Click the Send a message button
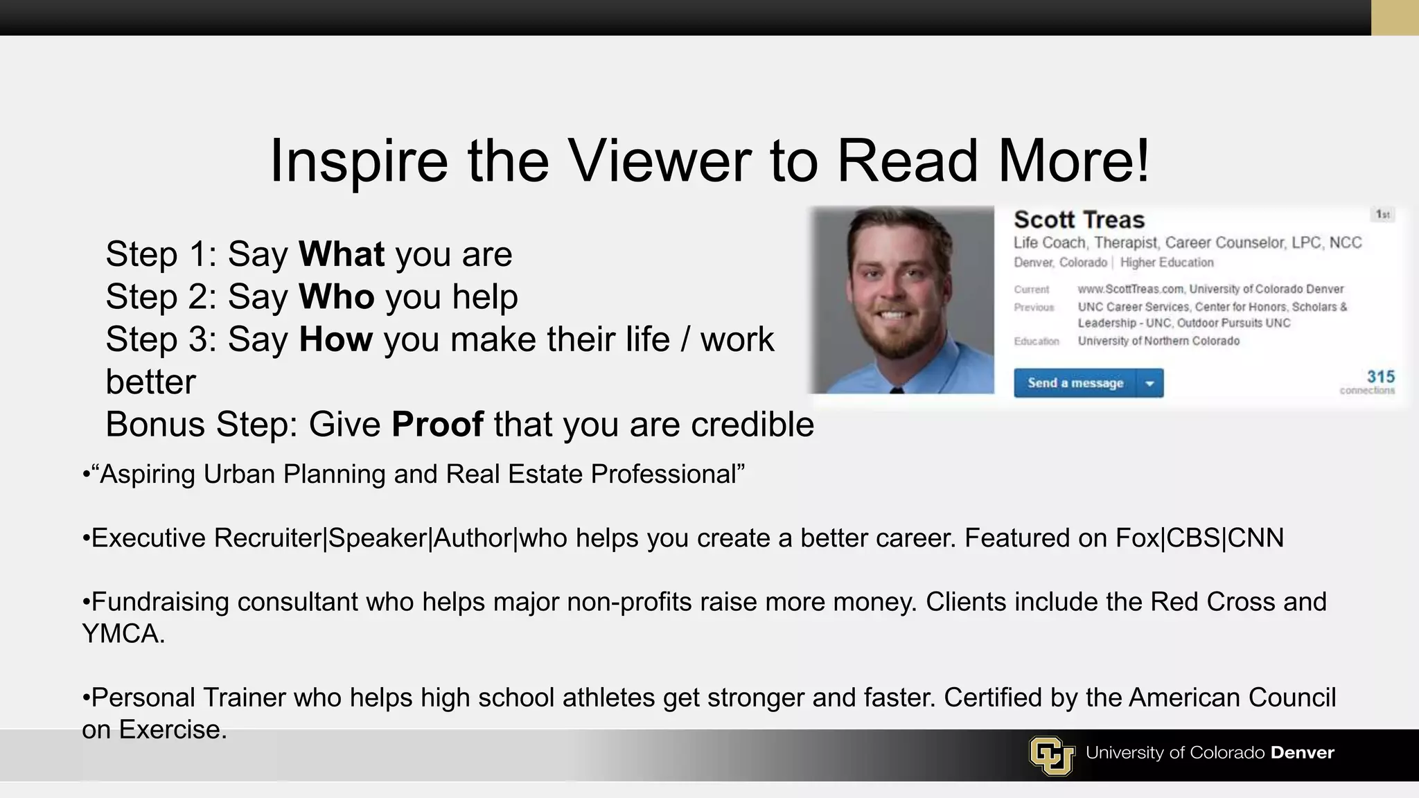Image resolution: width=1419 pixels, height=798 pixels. [x=1075, y=383]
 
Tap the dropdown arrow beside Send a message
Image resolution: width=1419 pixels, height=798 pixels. [x=1150, y=383]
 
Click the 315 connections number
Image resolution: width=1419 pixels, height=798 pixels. [x=1380, y=377]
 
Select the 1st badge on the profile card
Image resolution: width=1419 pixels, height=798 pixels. [x=1383, y=215]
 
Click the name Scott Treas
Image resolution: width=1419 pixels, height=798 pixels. [x=1079, y=220]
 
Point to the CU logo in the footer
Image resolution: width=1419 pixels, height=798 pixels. [x=1051, y=755]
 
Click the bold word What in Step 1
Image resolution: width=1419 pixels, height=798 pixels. [x=342, y=254]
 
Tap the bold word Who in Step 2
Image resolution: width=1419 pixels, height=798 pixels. [x=337, y=296]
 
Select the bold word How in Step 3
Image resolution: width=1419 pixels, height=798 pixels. [x=336, y=339]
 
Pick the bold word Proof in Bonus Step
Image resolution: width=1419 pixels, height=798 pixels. [x=437, y=424]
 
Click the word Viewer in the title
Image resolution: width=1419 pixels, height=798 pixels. [x=660, y=161]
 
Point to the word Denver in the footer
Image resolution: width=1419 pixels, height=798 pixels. [x=1302, y=753]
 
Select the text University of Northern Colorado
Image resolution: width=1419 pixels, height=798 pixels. [x=1158, y=341]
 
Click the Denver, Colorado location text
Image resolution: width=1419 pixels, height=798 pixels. [x=1060, y=263]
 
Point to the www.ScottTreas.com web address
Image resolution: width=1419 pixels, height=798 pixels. [x=1131, y=289]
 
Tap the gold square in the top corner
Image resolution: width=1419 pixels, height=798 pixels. [x=1395, y=17]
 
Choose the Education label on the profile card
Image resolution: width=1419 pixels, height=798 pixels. [x=1037, y=342]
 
